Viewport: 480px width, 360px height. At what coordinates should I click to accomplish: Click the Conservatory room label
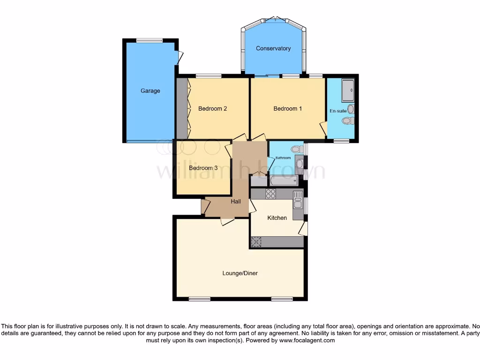pyautogui.click(x=273, y=48)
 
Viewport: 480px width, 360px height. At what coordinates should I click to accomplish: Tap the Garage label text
pyautogui.click(x=150, y=91)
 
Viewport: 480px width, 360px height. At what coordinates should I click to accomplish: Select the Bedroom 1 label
pyautogui.click(x=288, y=109)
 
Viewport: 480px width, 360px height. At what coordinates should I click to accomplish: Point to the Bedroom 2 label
pyautogui.click(x=213, y=109)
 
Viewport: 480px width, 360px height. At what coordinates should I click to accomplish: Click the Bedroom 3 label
pyautogui.click(x=203, y=168)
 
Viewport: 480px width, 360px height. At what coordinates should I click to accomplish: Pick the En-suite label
pyautogui.click(x=338, y=111)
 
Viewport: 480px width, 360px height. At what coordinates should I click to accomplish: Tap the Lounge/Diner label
pyautogui.click(x=240, y=273)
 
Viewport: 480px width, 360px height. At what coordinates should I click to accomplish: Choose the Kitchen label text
pyautogui.click(x=277, y=218)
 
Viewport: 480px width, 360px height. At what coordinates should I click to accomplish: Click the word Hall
pyautogui.click(x=236, y=202)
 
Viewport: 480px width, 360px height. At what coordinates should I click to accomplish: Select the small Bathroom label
pyautogui.click(x=283, y=158)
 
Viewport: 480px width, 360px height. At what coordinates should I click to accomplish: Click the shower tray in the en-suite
pyautogui.click(x=348, y=90)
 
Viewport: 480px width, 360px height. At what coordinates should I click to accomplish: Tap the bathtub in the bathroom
pyautogui.click(x=285, y=181)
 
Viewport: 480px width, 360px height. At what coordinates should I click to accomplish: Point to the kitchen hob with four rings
pyautogui.click(x=271, y=193)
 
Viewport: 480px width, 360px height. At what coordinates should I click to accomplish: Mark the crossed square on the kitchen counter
pyautogui.click(x=256, y=242)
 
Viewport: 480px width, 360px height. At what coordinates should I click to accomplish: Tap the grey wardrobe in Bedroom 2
pyautogui.click(x=181, y=109)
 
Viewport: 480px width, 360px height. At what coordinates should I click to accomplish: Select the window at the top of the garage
pyautogui.click(x=150, y=40)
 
